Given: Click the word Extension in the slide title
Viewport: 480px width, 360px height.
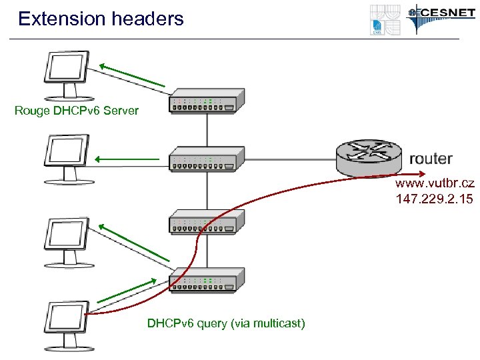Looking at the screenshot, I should [x=58, y=19].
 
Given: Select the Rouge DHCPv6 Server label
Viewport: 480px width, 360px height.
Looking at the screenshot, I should [x=77, y=111].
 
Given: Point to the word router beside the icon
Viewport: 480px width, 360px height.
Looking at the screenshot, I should [x=430, y=159].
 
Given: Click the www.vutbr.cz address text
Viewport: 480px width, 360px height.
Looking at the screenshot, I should [x=434, y=183].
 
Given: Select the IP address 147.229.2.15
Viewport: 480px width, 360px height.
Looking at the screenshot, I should [x=434, y=198].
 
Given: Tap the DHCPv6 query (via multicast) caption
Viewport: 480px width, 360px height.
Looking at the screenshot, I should [x=226, y=324].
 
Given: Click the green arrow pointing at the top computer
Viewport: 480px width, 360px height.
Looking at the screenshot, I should [x=131, y=75].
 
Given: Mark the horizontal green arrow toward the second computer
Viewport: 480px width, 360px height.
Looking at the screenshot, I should [x=127, y=159].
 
